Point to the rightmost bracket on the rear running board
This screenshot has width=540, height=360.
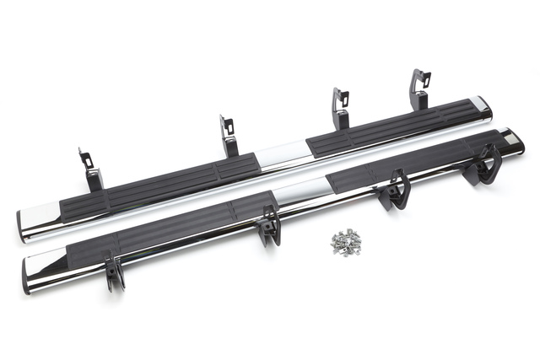[419, 89]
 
